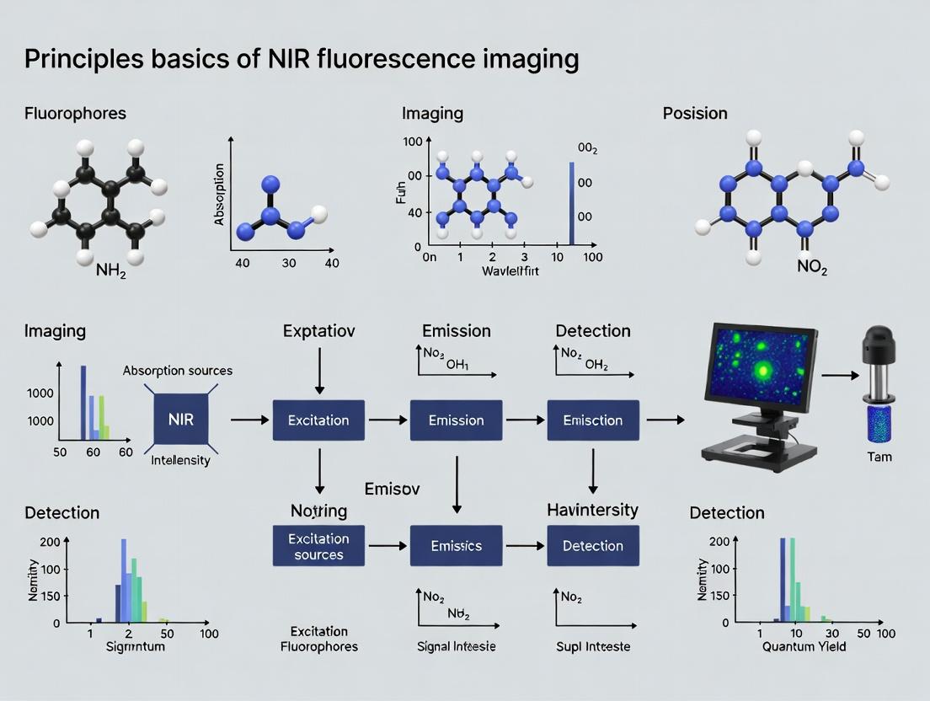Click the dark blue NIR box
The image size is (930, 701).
pos(181,419)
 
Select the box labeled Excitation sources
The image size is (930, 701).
pos(318,546)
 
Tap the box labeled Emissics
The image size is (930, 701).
pos(456,546)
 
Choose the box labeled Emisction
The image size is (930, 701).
pos(593,420)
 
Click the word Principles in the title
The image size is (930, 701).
pos(72,60)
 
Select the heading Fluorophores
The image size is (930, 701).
pos(75,113)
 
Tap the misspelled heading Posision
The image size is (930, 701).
pos(695,113)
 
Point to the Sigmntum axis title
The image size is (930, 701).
pos(136,646)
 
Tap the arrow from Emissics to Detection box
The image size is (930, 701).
pos(524,546)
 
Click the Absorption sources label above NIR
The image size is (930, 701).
pos(178,370)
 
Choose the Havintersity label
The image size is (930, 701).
pos(592,510)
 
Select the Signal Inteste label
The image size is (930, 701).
pos(456,646)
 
